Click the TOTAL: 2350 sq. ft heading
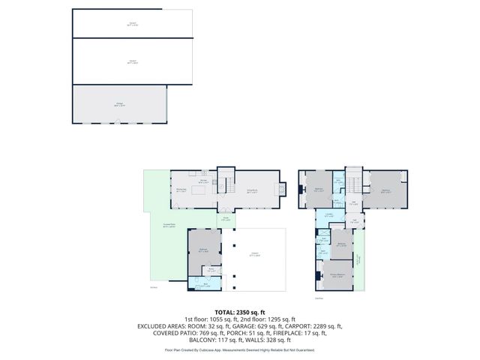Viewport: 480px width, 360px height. (239, 312)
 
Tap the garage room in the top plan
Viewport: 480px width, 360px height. (119, 104)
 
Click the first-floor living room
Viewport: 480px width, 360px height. (253, 190)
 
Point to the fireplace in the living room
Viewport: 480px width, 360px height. (282, 189)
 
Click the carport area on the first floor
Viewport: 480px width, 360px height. (259, 259)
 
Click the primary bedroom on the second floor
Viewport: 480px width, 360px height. (337, 275)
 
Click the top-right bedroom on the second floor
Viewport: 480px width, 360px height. (386, 190)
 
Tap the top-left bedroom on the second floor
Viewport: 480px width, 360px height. (318, 190)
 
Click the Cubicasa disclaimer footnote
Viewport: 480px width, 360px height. (239, 349)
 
